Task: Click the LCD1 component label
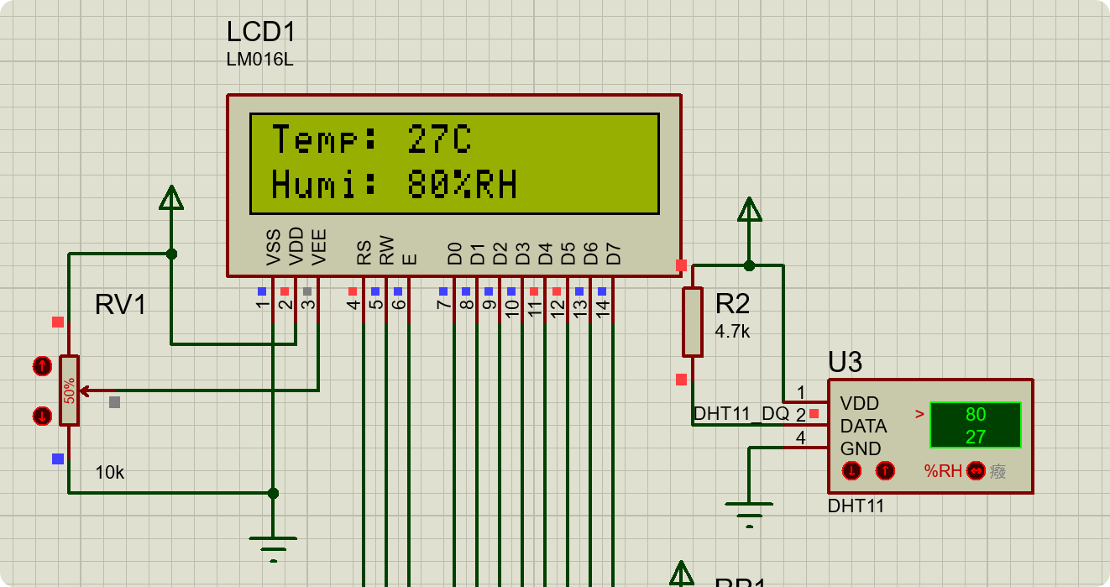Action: (x=261, y=32)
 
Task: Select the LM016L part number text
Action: (x=259, y=60)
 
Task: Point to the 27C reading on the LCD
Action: (x=439, y=139)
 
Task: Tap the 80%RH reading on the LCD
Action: (x=462, y=185)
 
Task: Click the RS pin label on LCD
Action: (x=364, y=253)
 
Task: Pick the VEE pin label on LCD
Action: (x=319, y=247)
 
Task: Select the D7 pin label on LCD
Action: (x=614, y=253)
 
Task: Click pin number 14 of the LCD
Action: (x=603, y=307)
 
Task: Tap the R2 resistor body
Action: (x=692, y=322)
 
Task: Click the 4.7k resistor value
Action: (x=732, y=332)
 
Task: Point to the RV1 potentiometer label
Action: (x=121, y=305)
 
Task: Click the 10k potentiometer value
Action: (x=109, y=473)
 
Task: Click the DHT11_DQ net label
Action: (x=741, y=414)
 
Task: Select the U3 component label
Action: (x=845, y=362)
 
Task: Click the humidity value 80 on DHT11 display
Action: (x=975, y=414)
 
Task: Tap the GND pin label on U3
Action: (x=861, y=448)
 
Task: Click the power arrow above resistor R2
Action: (x=749, y=211)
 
